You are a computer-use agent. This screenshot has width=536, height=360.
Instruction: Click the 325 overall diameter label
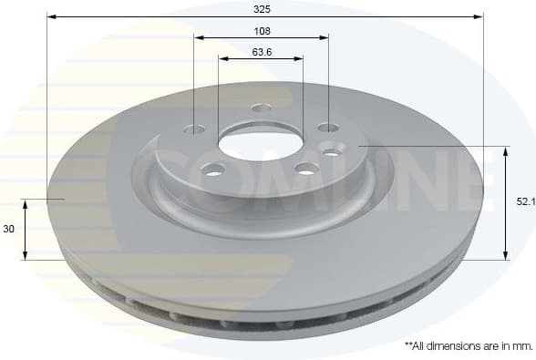263,7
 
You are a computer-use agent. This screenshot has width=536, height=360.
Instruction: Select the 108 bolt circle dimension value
262,28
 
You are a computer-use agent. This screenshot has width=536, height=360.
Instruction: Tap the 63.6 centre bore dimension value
262,51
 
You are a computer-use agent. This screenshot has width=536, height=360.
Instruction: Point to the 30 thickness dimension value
9,230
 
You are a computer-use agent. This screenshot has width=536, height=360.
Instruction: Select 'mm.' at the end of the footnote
521,346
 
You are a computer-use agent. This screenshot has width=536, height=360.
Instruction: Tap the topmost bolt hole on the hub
262,108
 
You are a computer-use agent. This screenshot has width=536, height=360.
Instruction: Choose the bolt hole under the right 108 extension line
327,128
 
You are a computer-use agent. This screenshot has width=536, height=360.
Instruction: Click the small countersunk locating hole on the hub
331,152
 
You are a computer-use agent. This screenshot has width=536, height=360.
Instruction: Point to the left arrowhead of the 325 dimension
51,16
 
